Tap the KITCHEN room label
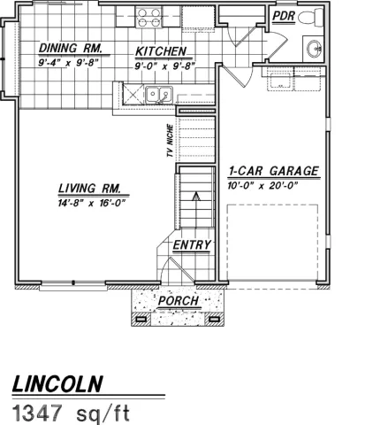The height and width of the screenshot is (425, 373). pos(160,51)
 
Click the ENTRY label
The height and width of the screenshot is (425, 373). pos(190,245)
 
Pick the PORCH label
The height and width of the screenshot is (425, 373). pos(178,301)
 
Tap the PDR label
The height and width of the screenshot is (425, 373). pos(283,16)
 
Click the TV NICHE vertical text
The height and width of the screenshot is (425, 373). pos(169,143)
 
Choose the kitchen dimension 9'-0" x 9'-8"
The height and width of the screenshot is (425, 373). pos(164,66)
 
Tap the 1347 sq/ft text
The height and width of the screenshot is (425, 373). pos(71,412)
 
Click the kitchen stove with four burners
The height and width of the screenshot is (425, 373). pos(148,18)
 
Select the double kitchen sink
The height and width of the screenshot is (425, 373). pos(158,94)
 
